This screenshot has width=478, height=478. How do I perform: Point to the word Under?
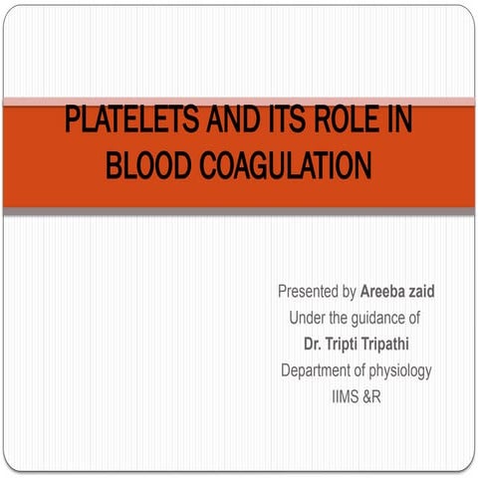pyautogui.click(x=308, y=319)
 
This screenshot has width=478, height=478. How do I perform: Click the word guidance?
pyautogui.click(x=377, y=320)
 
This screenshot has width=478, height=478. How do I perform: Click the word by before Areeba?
pyautogui.click(x=350, y=293)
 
